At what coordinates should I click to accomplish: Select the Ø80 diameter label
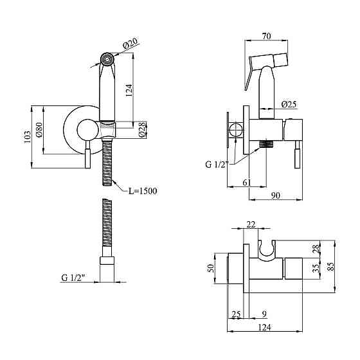click(x=39, y=130)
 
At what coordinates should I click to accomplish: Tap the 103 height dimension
click(x=27, y=137)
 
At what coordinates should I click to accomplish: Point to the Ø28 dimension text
click(x=142, y=130)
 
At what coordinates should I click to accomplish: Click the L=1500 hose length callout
click(x=143, y=191)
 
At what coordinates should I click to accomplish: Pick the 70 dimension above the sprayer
click(x=266, y=36)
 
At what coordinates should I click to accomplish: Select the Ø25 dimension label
click(x=289, y=104)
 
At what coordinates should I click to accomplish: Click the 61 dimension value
click(x=247, y=183)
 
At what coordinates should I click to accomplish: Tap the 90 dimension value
click(x=276, y=195)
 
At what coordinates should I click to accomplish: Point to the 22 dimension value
click(x=251, y=224)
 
